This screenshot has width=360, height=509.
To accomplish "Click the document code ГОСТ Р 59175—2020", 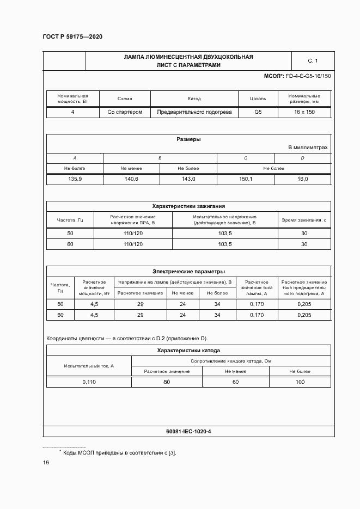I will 72,36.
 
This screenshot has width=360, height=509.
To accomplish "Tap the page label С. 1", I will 312,61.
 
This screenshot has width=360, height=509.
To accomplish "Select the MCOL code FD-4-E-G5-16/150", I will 307,76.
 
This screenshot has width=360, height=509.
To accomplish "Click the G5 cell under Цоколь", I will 258,112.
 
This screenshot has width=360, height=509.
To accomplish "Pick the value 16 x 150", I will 304,112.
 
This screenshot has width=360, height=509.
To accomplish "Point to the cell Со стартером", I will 125,112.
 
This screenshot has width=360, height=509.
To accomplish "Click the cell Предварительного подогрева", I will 194,112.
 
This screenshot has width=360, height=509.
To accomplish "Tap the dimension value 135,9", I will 75,179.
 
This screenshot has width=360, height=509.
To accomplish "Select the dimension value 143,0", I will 188,179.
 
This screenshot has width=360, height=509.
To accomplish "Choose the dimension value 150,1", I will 246,179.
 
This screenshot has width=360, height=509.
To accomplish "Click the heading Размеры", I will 188,139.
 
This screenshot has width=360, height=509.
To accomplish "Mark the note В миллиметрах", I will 308,148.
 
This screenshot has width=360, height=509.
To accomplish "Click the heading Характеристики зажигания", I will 188,206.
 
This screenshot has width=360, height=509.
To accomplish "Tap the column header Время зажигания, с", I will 304,220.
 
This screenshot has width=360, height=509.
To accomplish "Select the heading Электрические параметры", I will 188,271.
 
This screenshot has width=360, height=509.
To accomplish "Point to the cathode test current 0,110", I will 89,382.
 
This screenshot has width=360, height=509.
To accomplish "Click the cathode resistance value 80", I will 167,382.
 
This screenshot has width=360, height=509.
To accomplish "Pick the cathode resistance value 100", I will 300,382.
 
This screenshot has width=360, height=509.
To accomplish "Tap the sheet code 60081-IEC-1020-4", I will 188,431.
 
